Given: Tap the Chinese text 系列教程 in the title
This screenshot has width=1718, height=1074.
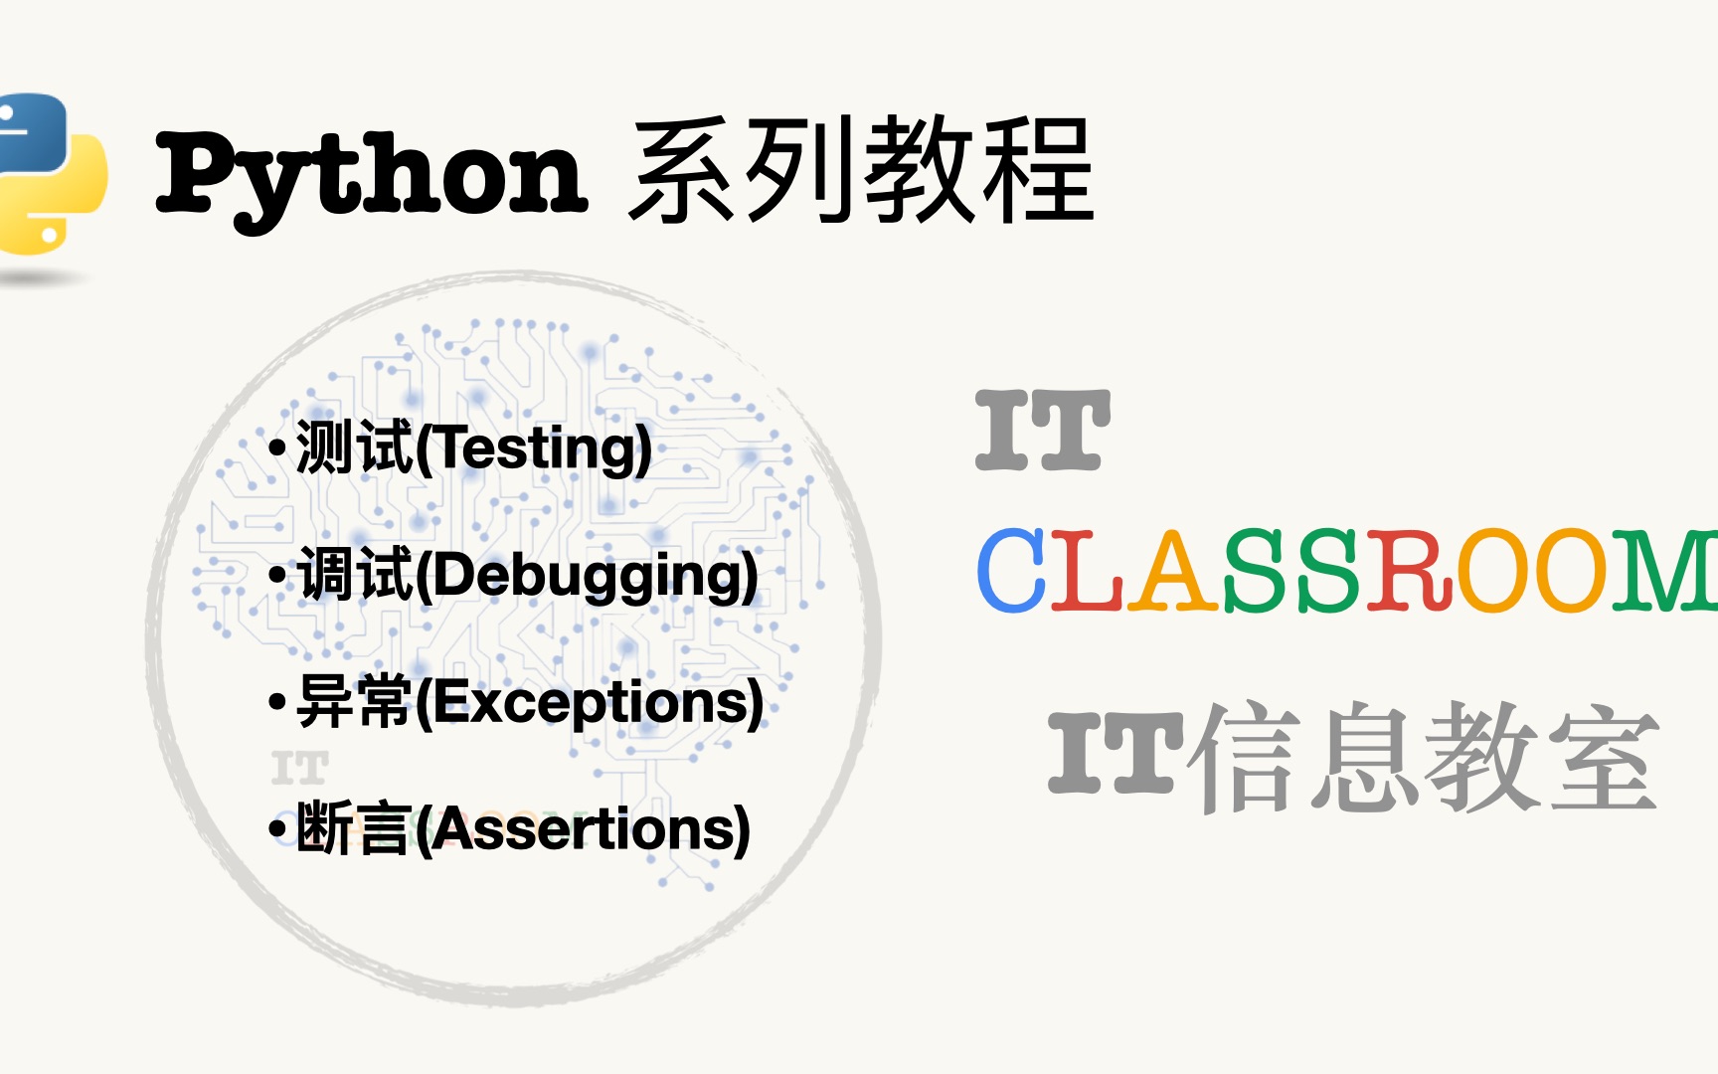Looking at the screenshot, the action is [x=861, y=169].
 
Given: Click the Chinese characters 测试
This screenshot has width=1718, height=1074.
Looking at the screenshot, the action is [x=354, y=447].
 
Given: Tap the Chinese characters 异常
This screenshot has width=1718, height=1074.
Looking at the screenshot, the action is [x=354, y=702].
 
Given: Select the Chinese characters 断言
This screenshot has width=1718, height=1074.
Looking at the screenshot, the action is [x=354, y=828].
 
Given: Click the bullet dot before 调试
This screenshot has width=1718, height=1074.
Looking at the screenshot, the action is [x=277, y=576].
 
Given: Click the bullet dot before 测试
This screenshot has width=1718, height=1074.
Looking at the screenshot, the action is [x=277, y=448].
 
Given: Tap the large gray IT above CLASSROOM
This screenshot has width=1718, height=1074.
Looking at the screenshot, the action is [x=1043, y=430].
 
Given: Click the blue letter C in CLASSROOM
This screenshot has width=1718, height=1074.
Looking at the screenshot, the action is [x=1012, y=570].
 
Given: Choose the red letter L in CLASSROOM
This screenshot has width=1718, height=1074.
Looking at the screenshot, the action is [x=1087, y=570].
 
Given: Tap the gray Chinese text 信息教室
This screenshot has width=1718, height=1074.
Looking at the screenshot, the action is [x=1429, y=757].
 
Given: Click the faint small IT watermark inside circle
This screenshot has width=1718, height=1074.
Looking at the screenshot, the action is [x=299, y=769].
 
